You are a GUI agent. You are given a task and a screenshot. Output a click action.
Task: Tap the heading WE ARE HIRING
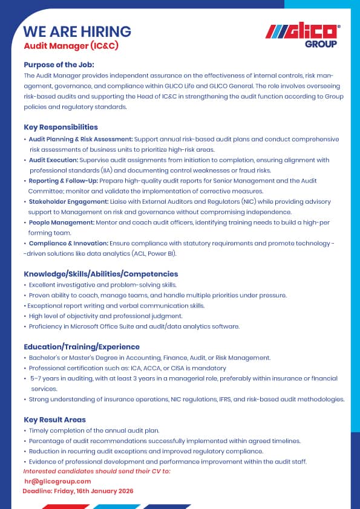[77, 31]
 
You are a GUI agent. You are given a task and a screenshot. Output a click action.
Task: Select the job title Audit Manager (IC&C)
[63, 45]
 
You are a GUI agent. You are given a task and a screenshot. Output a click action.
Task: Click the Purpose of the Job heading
[59, 65]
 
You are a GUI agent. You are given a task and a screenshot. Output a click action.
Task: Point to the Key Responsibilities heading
[61, 128]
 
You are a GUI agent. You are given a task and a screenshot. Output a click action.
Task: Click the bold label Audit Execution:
[53, 160]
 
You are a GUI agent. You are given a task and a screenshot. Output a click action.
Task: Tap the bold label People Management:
[61, 222]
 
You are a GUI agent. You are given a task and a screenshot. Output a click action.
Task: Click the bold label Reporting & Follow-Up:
[64, 181]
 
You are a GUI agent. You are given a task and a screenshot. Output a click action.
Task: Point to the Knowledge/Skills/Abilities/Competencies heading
[100, 274]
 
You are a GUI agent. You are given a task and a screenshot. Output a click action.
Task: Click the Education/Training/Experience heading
[82, 347]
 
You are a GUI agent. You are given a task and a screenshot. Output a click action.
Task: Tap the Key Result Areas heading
[54, 420]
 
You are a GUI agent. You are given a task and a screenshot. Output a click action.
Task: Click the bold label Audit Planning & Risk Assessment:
[81, 139]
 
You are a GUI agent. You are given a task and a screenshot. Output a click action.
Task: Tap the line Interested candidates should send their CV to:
[96, 471]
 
